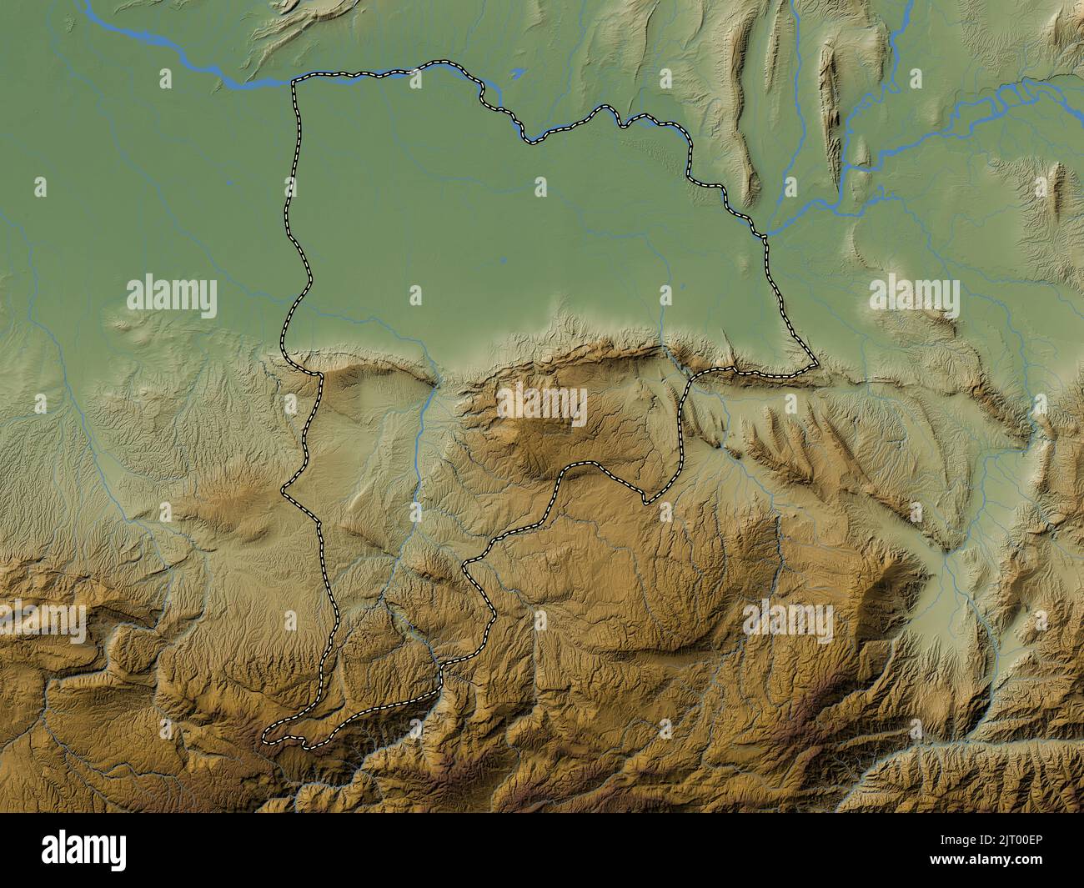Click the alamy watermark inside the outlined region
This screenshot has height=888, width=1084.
(x=542, y=406)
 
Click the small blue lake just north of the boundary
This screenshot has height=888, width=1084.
(x=518, y=73)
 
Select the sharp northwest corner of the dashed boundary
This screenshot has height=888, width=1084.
(x=294, y=81)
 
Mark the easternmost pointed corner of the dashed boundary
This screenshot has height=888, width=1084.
(x=816, y=364)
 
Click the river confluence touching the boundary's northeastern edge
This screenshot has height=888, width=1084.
(x=764, y=232)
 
